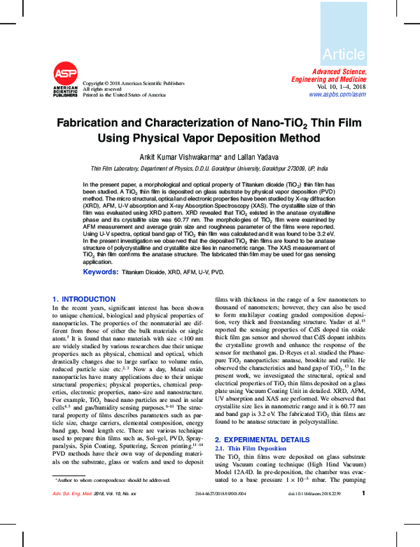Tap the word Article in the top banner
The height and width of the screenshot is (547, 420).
click(343, 54)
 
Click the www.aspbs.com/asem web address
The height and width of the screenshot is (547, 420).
click(337, 94)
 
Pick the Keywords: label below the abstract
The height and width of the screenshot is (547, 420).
click(100, 271)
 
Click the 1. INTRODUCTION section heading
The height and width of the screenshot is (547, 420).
click(84, 299)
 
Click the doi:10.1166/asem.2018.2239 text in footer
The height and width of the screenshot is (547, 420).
click(314, 534)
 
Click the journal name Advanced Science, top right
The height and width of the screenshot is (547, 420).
click(338, 72)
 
